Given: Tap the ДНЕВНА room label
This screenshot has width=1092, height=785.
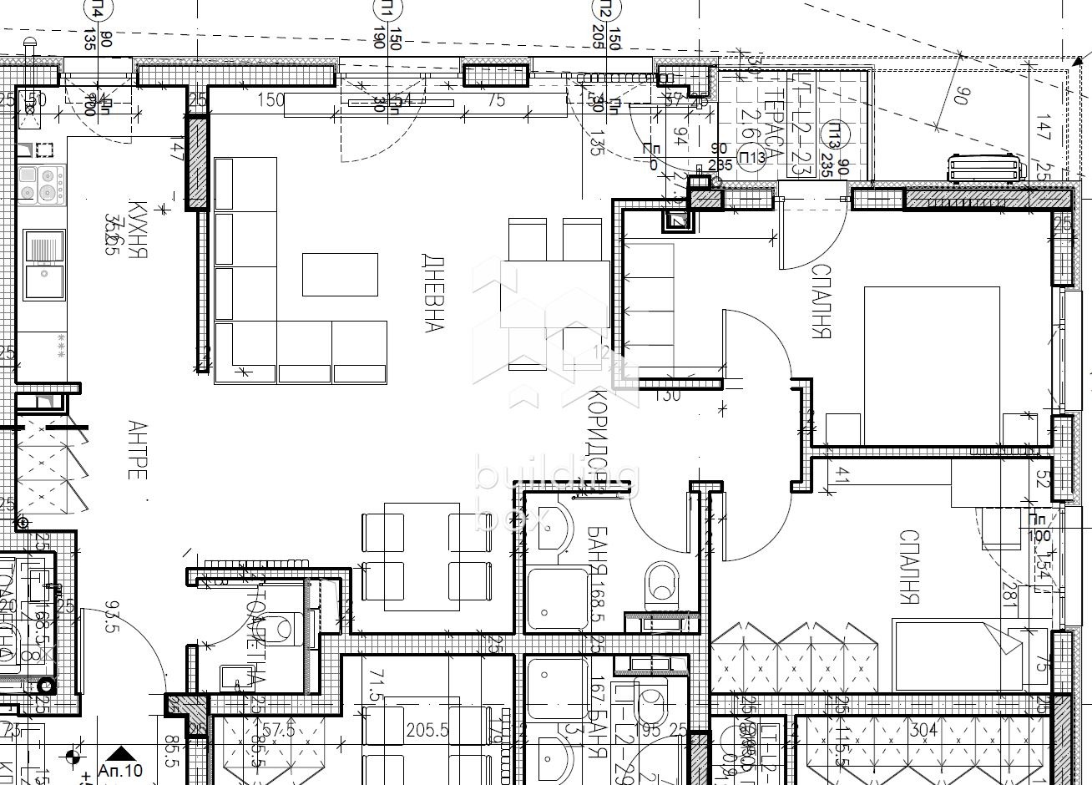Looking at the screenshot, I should click(x=432, y=292).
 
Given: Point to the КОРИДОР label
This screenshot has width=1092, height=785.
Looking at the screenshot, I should click(x=598, y=434).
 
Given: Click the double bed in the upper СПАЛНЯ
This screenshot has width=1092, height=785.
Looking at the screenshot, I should click(x=931, y=365).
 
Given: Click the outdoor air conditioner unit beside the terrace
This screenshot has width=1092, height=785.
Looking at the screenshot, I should click(x=985, y=168).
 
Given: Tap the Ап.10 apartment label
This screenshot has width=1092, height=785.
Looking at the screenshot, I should click(x=120, y=771).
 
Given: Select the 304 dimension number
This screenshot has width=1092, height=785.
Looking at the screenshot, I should click(x=923, y=730).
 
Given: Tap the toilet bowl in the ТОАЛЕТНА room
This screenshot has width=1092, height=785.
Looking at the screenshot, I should click(x=284, y=626).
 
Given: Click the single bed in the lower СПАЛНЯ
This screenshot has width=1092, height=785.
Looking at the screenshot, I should click(x=968, y=655).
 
